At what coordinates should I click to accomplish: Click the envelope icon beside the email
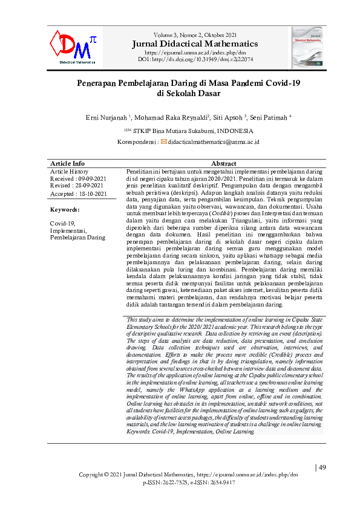(x=163, y=141)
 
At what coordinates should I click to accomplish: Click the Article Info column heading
(x=68, y=164)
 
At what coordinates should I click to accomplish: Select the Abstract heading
(x=223, y=164)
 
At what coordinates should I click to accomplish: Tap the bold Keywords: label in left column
(x=65, y=209)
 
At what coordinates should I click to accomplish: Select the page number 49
(x=321, y=467)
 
